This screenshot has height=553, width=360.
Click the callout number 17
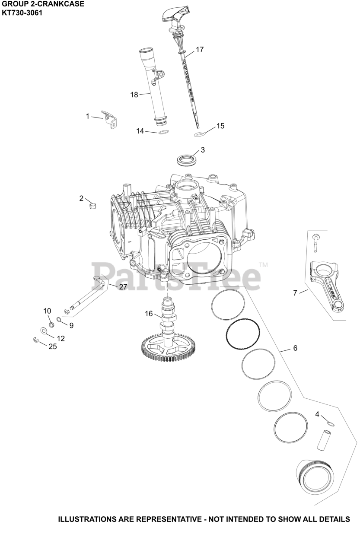point(199,50)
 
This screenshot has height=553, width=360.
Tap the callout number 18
point(134,94)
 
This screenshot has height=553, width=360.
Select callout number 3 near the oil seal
point(202,150)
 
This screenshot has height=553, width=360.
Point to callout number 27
point(123,286)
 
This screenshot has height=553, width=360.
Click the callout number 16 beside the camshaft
point(149,314)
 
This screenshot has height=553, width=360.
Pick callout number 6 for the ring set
point(295,348)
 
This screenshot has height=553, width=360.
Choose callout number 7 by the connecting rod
point(295,293)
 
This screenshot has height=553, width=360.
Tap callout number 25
point(52,346)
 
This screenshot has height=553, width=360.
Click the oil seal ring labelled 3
point(186,159)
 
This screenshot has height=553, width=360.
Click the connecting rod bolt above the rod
point(315,242)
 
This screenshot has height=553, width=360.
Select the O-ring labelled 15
point(200,134)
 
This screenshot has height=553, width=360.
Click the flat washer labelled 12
point(45,331)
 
